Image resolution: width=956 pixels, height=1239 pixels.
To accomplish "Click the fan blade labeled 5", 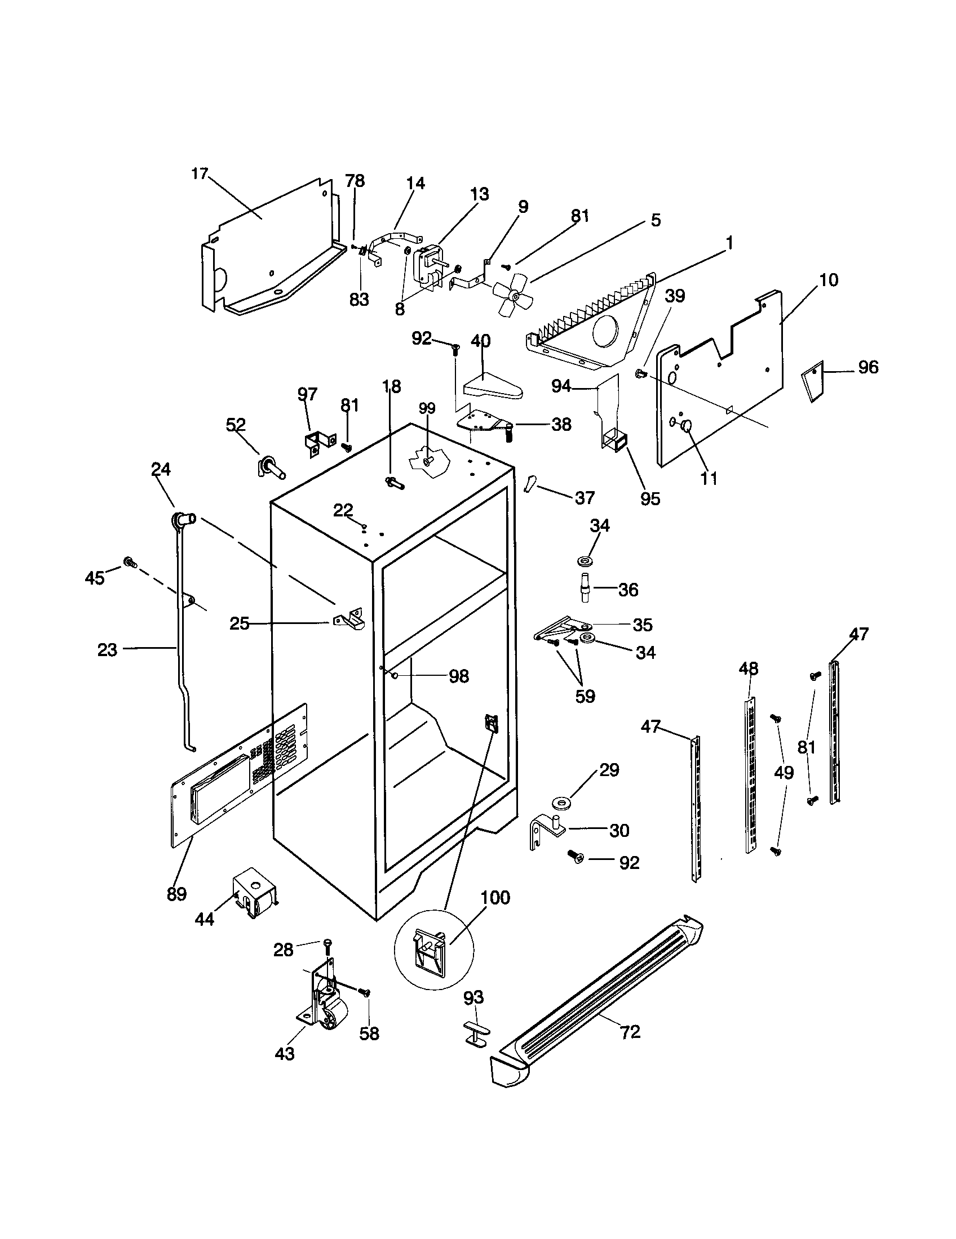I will pyautogui.click(x=512, y=295).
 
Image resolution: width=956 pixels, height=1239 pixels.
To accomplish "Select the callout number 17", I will pyautogui.click(x=200, y=173).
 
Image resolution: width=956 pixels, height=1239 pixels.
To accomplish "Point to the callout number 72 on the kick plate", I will pyautogui.click(x=630, y=1032).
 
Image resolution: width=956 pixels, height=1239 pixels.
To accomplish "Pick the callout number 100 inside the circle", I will pyautogui.click(x=495, y=898).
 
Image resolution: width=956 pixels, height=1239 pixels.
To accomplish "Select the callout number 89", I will pyautogui.click(x=176, y=894).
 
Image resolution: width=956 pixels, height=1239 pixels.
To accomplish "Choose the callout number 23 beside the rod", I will pyautogui.click(x=107, y=649).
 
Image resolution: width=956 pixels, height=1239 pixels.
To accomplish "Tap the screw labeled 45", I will pyautogui.click(x=129, y=562).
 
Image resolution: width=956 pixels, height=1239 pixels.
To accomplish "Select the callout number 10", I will pyautogui.click(x=829, y=280).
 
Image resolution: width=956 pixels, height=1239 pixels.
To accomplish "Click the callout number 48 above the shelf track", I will pyautogui.click(x=748, y=669).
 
